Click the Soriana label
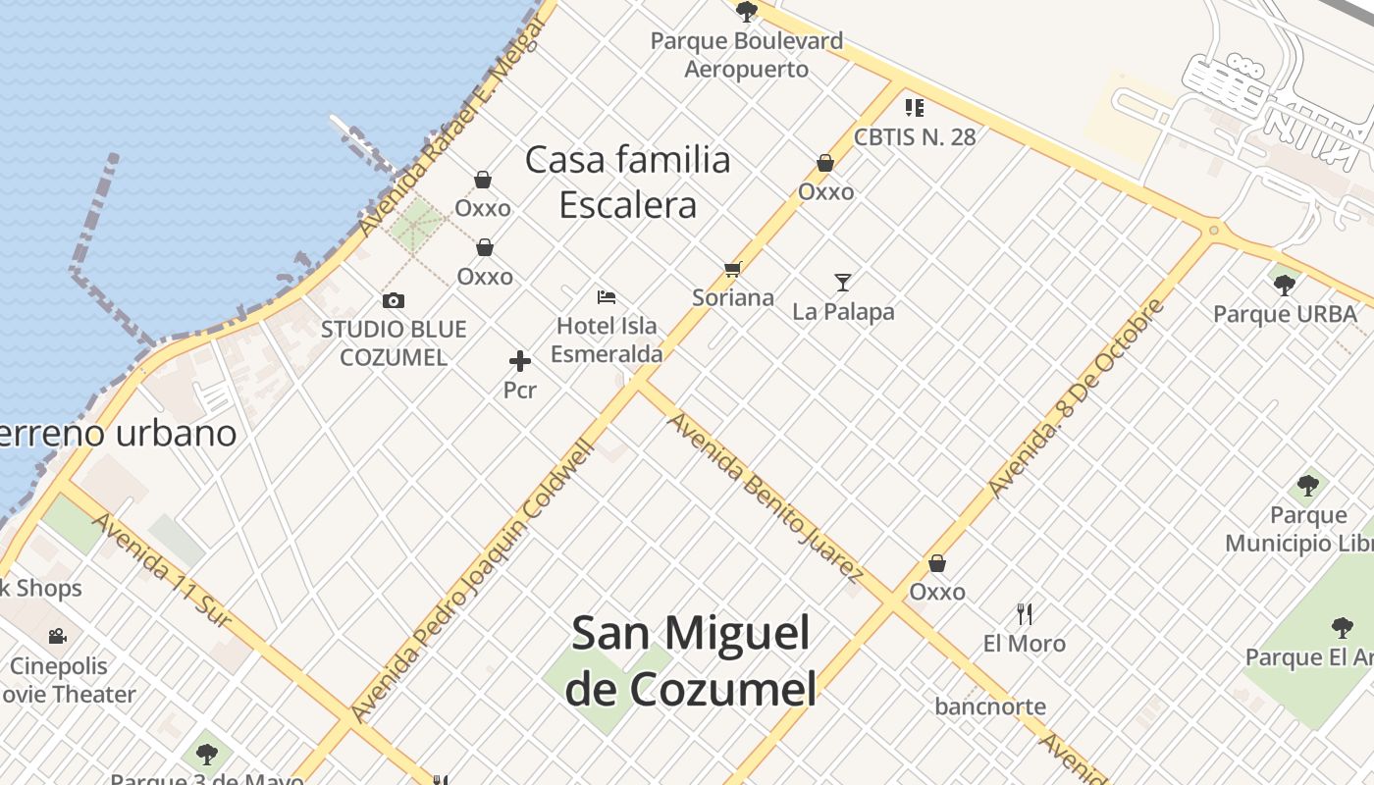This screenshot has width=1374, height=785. [x=732, y=297]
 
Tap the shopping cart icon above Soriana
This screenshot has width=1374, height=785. [x=732, y=269]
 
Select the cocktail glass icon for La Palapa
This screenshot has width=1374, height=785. [x=843, y=283]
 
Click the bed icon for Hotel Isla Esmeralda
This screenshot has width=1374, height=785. [x=607, y=296]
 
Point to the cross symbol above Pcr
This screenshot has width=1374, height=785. [x=520, y=361]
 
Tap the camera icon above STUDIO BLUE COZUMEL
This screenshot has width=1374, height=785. [x=394, y=300]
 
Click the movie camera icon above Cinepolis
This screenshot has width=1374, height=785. [x=58, y=636]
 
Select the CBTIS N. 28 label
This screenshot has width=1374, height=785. [x=915, y=136]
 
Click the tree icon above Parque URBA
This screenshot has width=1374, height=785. [x=1284, y=286]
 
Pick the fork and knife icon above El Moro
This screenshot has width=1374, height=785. [x=1025, y=614]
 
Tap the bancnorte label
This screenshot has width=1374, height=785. [x=990, y=706]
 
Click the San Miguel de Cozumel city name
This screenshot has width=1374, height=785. [x=691, y=659]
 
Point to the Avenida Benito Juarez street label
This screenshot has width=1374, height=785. [x=766, y=498]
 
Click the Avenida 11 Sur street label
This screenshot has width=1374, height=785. [x=162, y=569]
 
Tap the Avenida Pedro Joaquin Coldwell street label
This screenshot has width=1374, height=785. [x=473, y=581]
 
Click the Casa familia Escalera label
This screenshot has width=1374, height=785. [x=628, y=182]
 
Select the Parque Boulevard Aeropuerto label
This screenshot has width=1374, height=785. [x=746, y=55]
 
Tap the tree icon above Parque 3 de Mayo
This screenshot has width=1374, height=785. [x=206, y=754]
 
